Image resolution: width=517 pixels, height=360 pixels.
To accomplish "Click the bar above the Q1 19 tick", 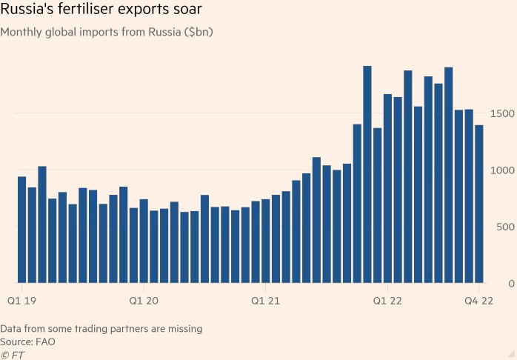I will (x=22, y=230).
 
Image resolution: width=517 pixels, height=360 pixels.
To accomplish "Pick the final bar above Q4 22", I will (x=479, y=204).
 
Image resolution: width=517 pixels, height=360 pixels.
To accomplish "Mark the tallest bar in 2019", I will (x=42, y=224).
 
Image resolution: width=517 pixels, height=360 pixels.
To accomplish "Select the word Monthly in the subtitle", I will (x=22, y=33).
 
